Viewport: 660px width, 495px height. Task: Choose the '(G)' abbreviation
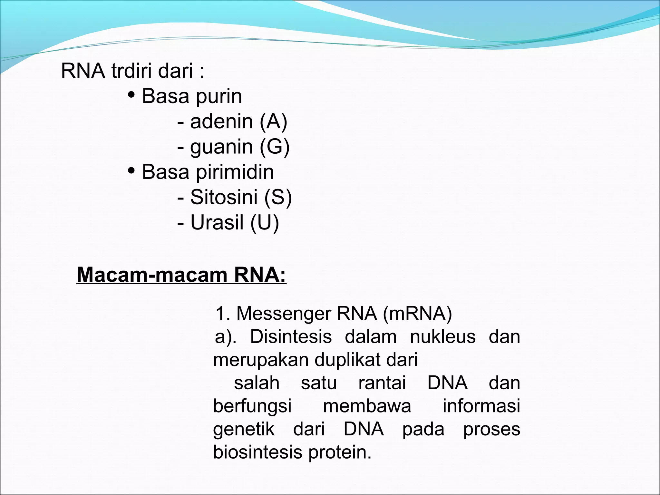[275, 147]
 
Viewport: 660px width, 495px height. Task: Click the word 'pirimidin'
[235, 172]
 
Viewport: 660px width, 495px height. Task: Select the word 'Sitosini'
[224, 197]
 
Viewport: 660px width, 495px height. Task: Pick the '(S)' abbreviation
[278, 197]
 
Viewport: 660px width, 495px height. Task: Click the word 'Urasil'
[217, 222]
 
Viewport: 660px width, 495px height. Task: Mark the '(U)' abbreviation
[265, 222]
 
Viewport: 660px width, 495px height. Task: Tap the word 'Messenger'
[284, 313]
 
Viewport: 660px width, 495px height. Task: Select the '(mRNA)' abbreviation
[417, 313]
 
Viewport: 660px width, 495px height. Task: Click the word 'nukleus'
[443, 337]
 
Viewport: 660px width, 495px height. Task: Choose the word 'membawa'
[367, 406]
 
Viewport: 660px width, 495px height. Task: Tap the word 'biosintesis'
[258, 452]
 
